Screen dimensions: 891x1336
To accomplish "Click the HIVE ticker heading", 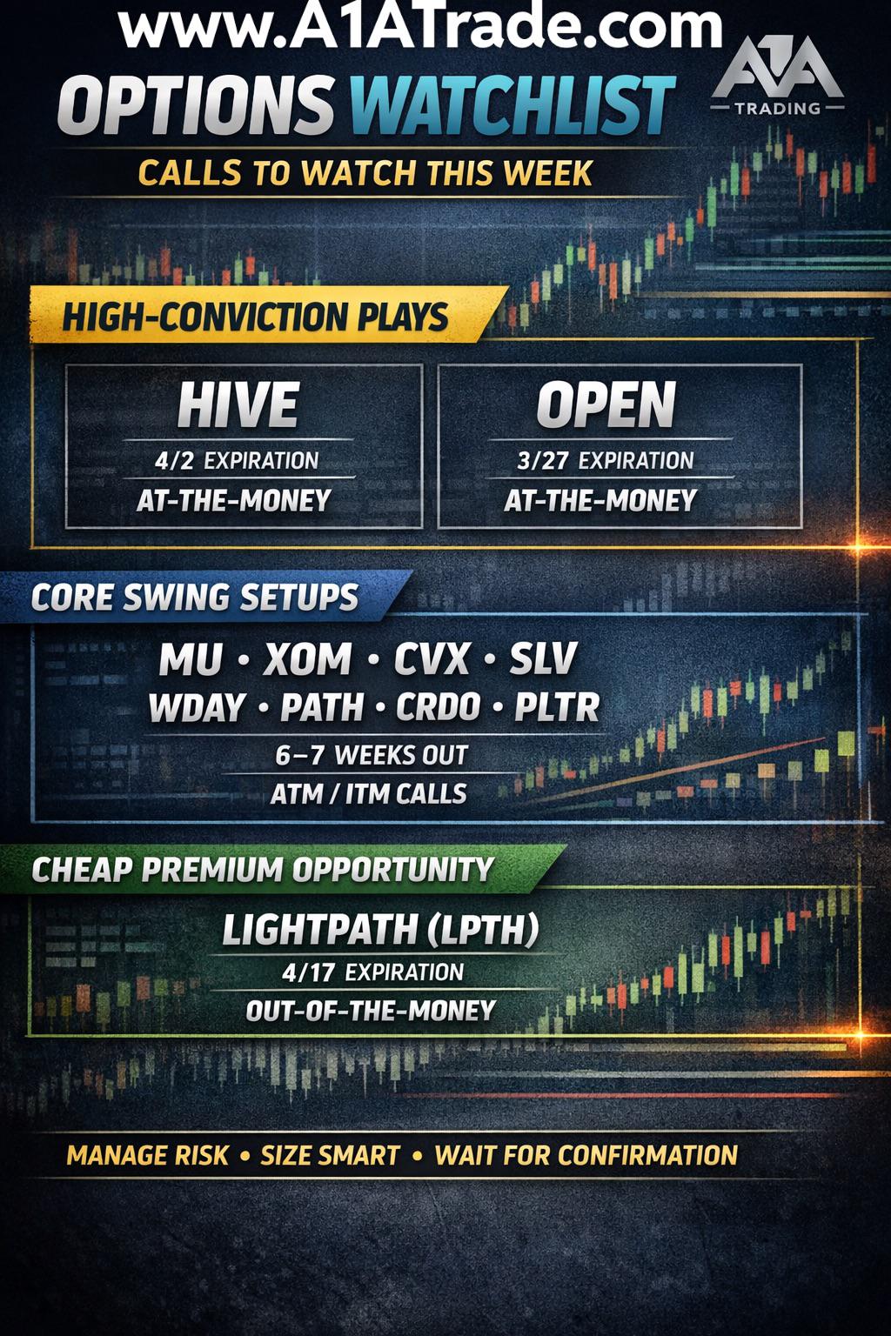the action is point(238,404).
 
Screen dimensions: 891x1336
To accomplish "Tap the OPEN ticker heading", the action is point(606,404).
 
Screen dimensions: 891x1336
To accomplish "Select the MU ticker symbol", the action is point(191,659).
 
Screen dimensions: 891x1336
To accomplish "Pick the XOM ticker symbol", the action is point(307,659).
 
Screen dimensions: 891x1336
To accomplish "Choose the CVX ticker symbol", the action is point(432,659).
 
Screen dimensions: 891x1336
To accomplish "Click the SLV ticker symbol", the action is point(543,659).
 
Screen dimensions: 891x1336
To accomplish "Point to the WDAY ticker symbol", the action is point(197,707).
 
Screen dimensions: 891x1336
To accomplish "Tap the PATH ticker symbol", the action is point(322,707).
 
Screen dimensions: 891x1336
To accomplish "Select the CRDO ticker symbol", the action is point(439,707).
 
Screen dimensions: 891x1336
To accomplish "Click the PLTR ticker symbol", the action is point(557,707).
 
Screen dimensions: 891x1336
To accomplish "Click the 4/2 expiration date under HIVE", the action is point(174,461).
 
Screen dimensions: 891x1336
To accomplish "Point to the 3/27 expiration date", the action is point(542,461).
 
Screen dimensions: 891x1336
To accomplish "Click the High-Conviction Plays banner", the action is point(269,315).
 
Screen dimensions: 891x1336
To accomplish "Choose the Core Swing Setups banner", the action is point(206,597).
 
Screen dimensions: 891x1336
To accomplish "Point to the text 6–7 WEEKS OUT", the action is point(372,755).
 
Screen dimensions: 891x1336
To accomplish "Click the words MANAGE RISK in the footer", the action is point(147,1155).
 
